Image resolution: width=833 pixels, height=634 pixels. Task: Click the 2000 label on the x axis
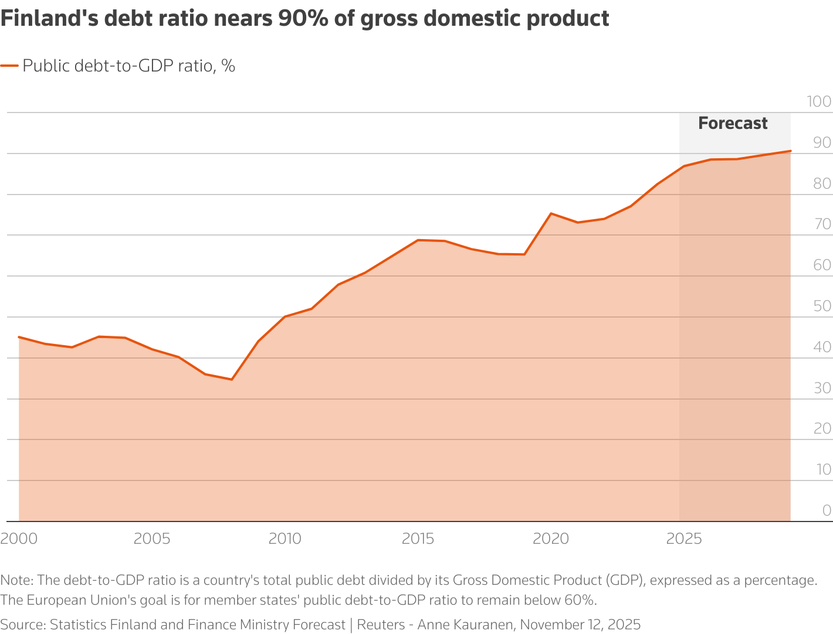[x=19, y=538]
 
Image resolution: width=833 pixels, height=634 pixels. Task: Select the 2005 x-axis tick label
[x=152, y=538]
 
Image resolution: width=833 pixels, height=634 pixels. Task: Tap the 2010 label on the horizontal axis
[x=285, y=538]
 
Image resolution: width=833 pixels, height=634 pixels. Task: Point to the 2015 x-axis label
[x=418, y=538]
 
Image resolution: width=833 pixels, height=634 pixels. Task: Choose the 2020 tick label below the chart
[x=551, y=538]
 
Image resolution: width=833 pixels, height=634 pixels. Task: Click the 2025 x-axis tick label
[x=684, y=538]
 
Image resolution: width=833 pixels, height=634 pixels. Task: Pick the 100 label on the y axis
[x=819, y=101]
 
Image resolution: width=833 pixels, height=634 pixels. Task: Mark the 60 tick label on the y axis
[x=822, y=265]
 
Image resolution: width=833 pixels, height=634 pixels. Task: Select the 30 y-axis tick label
[x=822, y=388]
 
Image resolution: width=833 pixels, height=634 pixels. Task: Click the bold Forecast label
[x=733, y=123]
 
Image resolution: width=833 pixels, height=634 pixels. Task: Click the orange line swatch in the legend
[x=9, y=66]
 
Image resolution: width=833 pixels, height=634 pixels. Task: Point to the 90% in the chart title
[x=303, y=18]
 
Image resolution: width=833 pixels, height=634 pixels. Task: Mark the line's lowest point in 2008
[x=232, y=379]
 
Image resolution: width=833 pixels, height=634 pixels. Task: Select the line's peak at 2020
[x=551, y=214]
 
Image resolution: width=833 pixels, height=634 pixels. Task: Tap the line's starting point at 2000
[x=19, y=337]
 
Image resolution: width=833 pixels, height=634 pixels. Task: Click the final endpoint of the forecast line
[x=791, y=151]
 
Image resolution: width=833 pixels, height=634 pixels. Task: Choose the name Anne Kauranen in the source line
[x=465, y=624]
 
